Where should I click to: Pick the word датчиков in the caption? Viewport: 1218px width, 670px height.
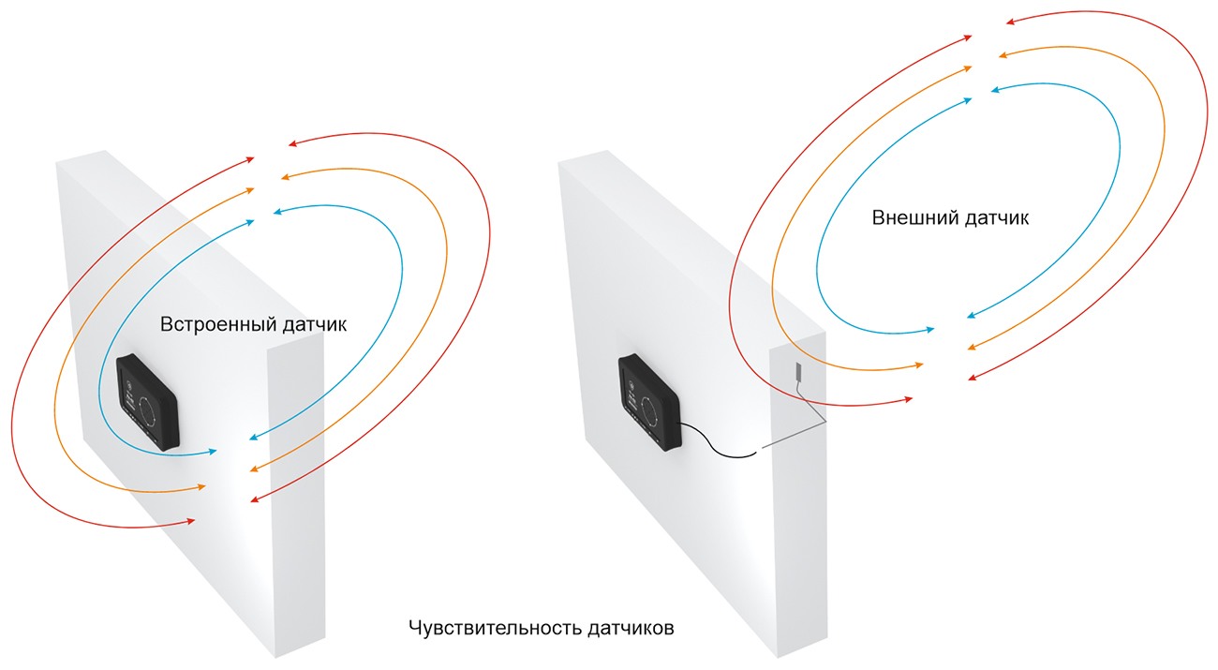631,628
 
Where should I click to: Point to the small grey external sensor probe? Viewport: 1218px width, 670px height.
800,371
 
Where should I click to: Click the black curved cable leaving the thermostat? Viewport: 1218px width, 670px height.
717,445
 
